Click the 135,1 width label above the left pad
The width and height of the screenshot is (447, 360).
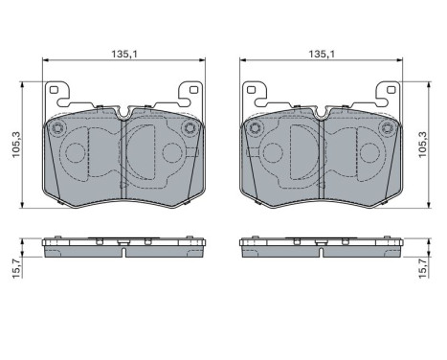click(x=124, y=54)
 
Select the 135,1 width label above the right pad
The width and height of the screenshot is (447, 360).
click(x=322, y=54)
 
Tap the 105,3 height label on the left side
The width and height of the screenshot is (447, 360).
click(x=16, y=145)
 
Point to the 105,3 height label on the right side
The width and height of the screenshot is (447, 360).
click(x=422, y=145)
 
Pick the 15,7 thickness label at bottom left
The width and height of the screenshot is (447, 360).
click(x=16, y=268)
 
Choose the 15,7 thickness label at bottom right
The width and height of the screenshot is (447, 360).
click(x=422, y=268)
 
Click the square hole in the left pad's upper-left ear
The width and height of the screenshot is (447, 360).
click(x=54, y=90)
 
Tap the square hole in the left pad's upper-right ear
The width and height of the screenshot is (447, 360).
click(x=193, y=90)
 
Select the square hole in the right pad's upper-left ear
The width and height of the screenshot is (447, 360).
click(x=251, y=90)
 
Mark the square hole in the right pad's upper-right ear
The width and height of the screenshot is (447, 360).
click(x=391, y=90)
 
